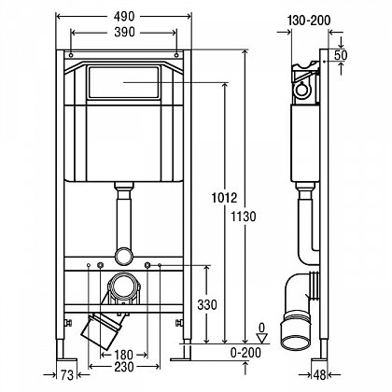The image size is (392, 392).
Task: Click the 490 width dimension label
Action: [x=124, y=17]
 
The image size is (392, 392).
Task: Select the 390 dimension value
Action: [x=124, y=32]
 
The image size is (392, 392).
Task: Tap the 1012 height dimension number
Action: [x=224, y=198]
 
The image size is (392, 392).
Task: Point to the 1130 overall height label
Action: [x=244, y=217]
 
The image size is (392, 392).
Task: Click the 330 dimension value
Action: [x=207, y=305]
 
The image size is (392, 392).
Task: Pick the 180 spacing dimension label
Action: [x=123, y=355]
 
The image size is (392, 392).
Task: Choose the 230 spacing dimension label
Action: [x=124, y=367]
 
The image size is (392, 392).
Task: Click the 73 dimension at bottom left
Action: [x=66, y=375]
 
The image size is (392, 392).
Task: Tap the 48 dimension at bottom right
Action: [x=318, y=375]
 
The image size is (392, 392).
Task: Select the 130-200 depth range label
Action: [x=309, y=21]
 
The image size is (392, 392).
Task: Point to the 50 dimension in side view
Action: [x=341, y=55]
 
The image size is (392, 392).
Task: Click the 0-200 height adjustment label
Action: [x=245, y=353]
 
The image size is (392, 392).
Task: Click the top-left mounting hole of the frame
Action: [x=71, y=55]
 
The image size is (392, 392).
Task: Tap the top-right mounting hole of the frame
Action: [x=176, y=55]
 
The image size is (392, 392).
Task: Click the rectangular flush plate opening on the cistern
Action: [x=124, y=82]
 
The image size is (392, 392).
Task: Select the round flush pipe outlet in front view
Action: [x=124, y=257]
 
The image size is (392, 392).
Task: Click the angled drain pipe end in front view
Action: [x=99, y=332]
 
